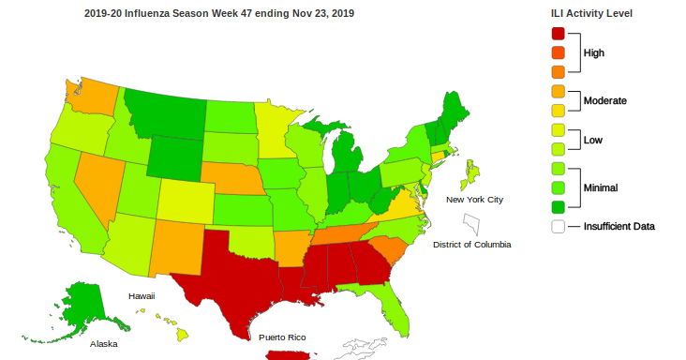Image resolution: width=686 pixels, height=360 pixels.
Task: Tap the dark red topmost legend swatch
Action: coord(559,34)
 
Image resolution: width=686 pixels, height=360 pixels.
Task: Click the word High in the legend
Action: coord(594,53)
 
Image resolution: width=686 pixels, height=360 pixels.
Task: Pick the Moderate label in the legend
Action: coord(604,100)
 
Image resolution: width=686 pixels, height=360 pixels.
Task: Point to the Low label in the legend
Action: coord(593,141)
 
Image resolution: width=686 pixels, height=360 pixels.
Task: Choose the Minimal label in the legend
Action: coord(601,187)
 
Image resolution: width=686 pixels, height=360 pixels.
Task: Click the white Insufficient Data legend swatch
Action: coord(559,226)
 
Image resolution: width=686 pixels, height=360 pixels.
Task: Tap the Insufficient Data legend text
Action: coord(619,226)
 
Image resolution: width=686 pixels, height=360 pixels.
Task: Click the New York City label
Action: coord(474,200)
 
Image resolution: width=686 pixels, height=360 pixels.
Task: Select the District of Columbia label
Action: coord(472,245)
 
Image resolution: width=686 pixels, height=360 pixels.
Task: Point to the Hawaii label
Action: coord(142,295)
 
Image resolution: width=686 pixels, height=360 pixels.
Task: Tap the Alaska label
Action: coord(103,344)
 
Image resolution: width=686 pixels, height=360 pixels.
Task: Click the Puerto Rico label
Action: coord(282,337)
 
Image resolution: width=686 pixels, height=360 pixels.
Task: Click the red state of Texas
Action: coord(234,272)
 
